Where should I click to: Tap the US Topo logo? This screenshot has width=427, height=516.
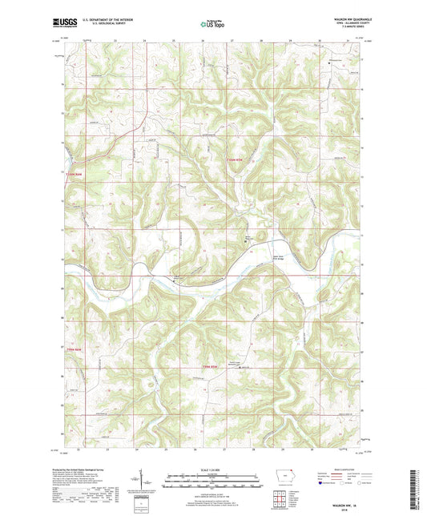point(212,24)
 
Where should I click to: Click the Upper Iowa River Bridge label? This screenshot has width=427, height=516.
point(256,258)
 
